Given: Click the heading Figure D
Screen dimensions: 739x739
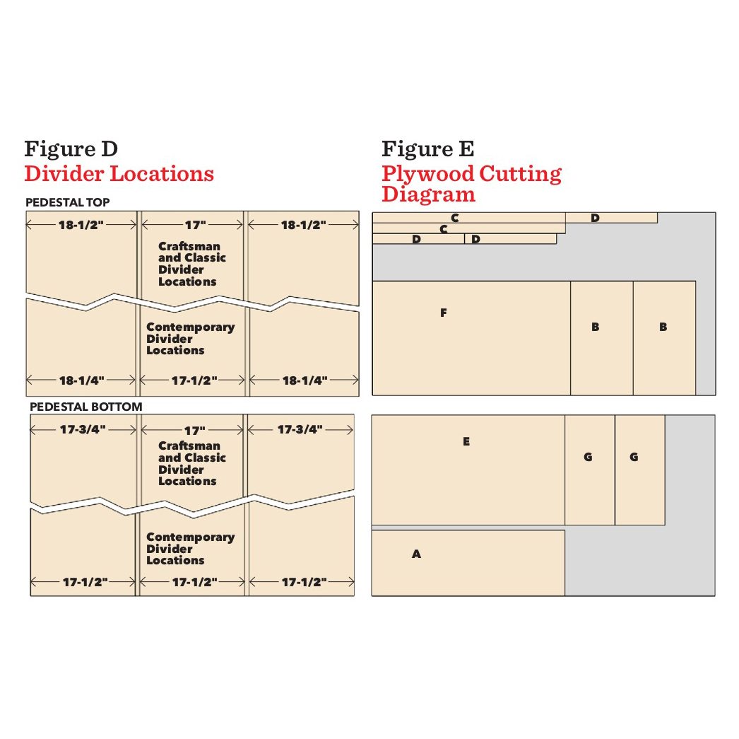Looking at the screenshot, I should point(71,149).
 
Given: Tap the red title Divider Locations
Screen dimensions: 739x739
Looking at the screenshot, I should point(119,173).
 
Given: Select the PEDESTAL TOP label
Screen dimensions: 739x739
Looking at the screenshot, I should point(67,202).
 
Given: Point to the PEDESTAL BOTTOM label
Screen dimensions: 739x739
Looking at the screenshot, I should point(85,407).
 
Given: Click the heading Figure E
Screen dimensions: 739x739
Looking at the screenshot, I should point(427,149).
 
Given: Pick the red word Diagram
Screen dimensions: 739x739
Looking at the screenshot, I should point(428,194).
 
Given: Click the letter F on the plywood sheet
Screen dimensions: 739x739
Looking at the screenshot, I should point(443,313).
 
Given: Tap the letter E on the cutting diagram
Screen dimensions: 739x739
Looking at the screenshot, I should point(466,441).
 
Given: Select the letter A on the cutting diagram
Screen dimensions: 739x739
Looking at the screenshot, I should point(416,554).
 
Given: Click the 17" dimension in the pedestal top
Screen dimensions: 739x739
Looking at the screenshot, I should point(194,225).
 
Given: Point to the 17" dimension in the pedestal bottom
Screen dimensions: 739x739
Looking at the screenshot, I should point(194,430).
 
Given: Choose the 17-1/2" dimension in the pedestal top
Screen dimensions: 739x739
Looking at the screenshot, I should point(194,380).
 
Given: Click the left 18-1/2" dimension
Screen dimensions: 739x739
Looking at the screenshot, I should point(81,225).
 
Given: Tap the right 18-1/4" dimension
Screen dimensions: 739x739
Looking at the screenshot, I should point(305,380).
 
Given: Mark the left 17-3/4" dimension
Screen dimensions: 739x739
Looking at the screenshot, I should point(83,429).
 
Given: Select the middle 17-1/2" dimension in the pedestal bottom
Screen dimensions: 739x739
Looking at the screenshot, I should point(194,582).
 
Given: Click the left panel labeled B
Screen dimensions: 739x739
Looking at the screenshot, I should point(595,327).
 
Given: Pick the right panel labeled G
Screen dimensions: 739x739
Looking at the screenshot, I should point(634,457).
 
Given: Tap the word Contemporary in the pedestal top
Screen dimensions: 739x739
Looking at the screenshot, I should point(190,327).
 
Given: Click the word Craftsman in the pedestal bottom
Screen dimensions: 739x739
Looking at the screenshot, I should point(189,446).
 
